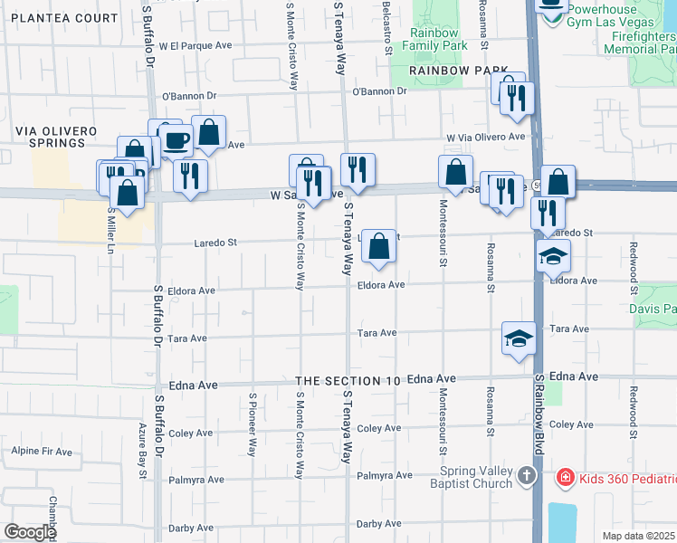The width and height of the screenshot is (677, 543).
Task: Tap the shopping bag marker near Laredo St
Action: coord(380,246)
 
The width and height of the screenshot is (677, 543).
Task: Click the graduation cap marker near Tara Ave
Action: coord(519,339)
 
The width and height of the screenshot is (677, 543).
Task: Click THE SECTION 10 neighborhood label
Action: coord(348,381)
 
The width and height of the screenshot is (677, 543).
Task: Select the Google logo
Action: coord(30,531)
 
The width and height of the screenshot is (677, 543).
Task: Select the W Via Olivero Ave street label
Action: coord(485,137)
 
